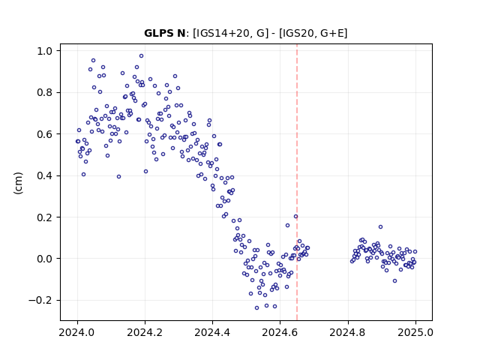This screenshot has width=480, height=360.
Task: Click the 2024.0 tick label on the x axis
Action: [77, 332]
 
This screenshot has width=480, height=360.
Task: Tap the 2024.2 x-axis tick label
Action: [145, 332]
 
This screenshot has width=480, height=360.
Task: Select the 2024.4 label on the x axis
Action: [212, 332]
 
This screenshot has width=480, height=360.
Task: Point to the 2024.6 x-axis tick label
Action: [280, 332]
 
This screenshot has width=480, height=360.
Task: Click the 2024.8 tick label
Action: [348, 332]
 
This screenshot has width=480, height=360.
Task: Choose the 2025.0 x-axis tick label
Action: [415, 332]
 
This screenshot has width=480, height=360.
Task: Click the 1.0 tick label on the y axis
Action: [45, 51]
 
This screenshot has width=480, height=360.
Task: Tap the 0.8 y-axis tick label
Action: [45, 92]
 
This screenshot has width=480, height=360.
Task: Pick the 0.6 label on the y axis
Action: [45, 134]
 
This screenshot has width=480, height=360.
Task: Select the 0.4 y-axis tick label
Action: [45, 175]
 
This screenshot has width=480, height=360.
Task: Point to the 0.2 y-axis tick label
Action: [45, 217]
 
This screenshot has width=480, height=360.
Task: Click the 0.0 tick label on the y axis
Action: [45, 259]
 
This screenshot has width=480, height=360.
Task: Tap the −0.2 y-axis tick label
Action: [40, 300]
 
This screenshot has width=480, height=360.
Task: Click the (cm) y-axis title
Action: [18, 183]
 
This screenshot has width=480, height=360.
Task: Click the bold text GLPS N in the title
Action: [164, 33]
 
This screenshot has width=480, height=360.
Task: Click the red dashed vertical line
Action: [297, 182]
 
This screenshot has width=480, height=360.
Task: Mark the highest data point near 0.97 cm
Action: [141, 56]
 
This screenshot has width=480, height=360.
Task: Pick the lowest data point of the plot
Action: [256, 307]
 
